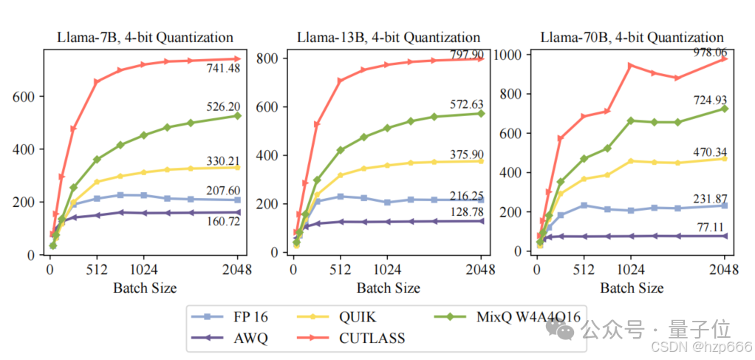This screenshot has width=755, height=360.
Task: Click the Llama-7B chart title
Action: (x=146, y=37)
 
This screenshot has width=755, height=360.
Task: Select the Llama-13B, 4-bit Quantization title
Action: (x=389, y=37)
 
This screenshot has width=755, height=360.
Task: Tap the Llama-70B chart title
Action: (x=632, y=37)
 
